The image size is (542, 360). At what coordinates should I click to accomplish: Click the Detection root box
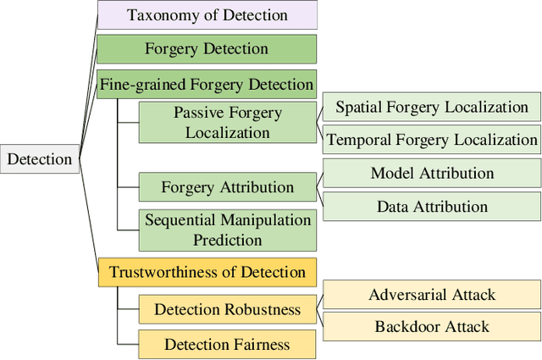pos(40,159)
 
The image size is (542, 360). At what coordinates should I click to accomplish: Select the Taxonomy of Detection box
pos(207,15)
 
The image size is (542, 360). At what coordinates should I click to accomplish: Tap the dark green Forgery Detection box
pos(207,49)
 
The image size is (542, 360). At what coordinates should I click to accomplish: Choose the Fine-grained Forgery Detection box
pos(207,84)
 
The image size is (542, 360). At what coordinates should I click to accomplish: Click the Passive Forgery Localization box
pos(227,122)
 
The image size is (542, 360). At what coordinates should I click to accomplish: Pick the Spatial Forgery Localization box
pos(431,107)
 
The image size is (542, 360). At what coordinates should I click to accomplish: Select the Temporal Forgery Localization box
pos(431,139)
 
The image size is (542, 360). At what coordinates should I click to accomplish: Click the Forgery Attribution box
pos(227,187)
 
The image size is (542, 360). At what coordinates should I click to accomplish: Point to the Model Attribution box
pos(431,174)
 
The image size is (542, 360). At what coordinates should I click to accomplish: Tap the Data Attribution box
pos(431,206)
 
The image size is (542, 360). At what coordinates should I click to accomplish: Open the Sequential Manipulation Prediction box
pos(227,230)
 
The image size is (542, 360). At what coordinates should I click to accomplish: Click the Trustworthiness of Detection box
pos(207,272)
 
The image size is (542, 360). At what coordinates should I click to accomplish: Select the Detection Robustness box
pos(227,309)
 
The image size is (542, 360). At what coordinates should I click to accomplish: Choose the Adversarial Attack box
pos(431,295)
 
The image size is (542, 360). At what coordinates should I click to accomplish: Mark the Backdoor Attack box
pos(431,326)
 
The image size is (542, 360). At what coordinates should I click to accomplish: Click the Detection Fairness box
pos(227,344)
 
